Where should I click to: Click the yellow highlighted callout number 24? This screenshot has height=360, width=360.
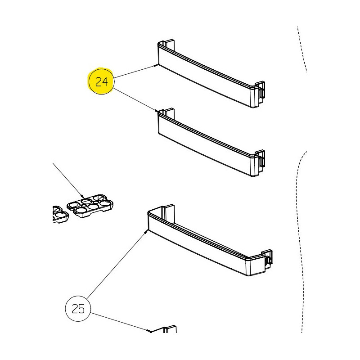(x=101, y=81)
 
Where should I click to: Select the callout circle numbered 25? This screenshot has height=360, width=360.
(x=78, y=309)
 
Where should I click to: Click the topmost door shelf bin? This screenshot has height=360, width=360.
(x=211, y=73)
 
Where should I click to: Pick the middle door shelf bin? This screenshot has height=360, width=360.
(x=211, y=142)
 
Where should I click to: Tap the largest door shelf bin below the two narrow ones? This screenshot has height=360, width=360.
(x=209, y=240)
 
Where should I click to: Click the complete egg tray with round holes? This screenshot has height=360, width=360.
(x=90, y=206)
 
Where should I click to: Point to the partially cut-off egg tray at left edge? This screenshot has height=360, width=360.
(x=60, y=215)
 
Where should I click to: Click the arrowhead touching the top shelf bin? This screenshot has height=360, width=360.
(x=156, y=65)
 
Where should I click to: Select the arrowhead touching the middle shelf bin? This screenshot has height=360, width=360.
(x=156, y=111)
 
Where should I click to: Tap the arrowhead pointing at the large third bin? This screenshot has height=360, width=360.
(x=146, y=232)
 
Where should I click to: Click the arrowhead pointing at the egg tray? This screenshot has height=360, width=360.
(x=82, y=196)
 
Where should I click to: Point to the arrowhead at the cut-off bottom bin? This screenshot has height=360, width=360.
(x=149, y=331)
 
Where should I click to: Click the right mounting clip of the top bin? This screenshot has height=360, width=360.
(x=261, y=92)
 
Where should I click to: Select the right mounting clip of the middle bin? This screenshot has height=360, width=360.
(x=261, y=161)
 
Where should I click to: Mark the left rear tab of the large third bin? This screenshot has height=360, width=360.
(x=169, y=212)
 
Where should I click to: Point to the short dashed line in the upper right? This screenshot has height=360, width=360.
(x=302, y=49)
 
